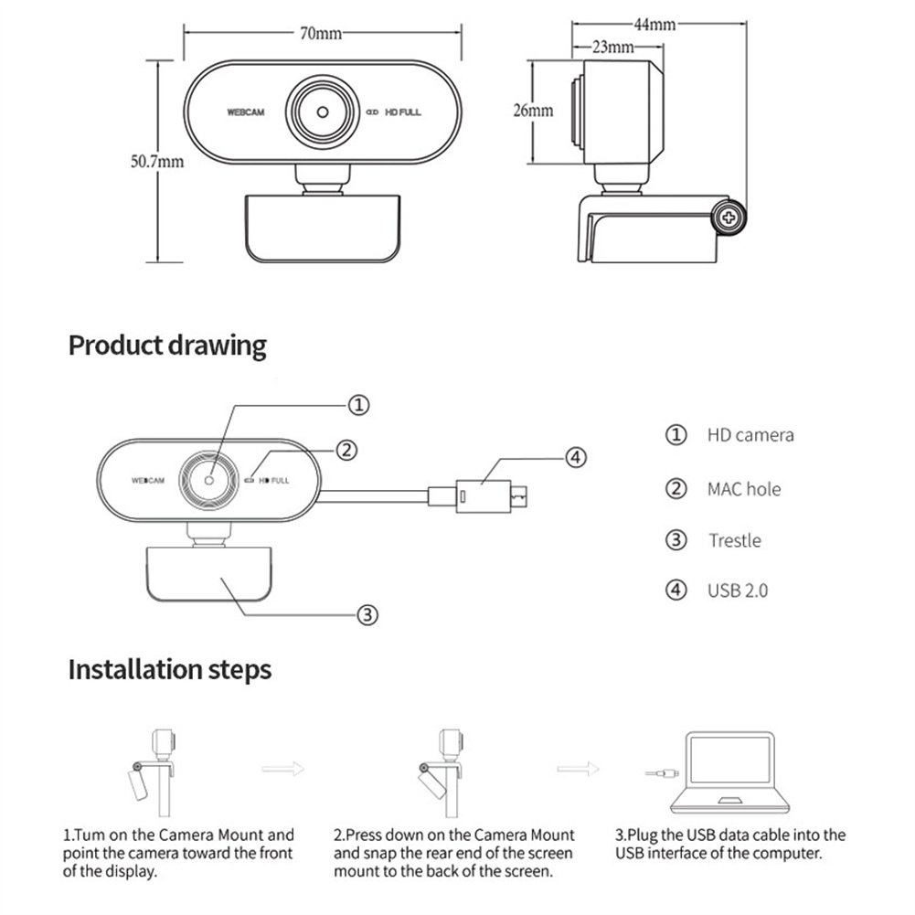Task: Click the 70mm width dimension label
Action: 321,34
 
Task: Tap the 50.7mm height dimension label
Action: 157,162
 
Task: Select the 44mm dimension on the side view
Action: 653,25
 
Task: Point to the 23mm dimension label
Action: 613,46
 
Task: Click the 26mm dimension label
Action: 532,111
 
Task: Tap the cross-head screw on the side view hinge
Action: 729,218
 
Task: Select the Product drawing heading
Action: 167,346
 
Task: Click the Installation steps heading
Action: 170,669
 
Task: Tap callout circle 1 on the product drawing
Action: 360,404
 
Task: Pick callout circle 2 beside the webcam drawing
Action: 346,449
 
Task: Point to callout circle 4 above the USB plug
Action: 574,457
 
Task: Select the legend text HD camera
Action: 750,435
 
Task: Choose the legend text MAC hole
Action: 743,489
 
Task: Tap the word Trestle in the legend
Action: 734,540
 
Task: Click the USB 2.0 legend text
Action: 737,590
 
